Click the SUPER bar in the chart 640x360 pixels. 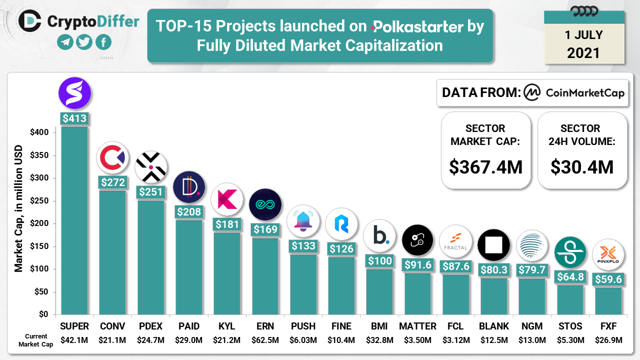(x=74, y=220)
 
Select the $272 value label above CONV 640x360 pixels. (x=113, y=182)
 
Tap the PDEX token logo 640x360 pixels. (x=151, y=167)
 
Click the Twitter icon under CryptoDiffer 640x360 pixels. (x=84, y=42)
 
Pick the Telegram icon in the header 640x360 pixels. (x=65, y=42)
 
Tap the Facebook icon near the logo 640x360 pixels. (x=103, y=42)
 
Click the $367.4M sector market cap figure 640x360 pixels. (x=485, y=166)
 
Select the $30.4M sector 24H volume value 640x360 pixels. (x=582, y=166)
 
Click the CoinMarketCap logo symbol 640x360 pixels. (x=532, y=92)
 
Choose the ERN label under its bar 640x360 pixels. (x=265, y=326)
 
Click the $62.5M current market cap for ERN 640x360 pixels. (x=265, y=340)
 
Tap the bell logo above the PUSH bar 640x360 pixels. (x=303, y=221)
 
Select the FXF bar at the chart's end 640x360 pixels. (x=608, y=300)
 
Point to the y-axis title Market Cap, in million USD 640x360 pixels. (x=19, y=208)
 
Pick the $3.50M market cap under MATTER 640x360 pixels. (x=417, y=340)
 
